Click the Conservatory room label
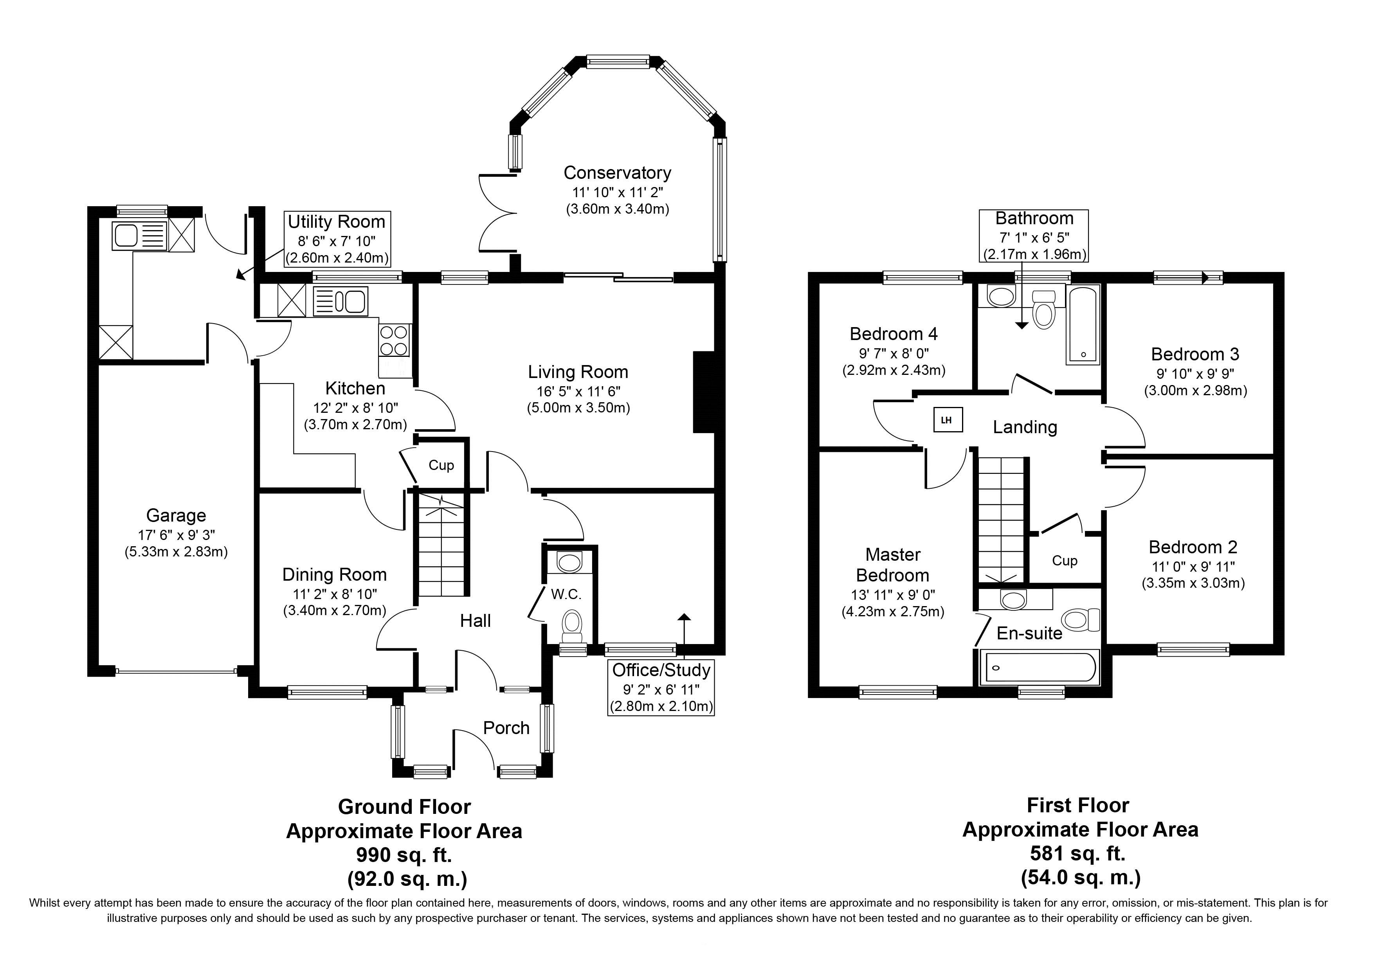point(617,173)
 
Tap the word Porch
point(506,727)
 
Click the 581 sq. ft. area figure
point(1077,853)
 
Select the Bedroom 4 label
point(894,333)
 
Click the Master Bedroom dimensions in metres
point(893,612)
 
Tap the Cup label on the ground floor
point(441,465)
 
